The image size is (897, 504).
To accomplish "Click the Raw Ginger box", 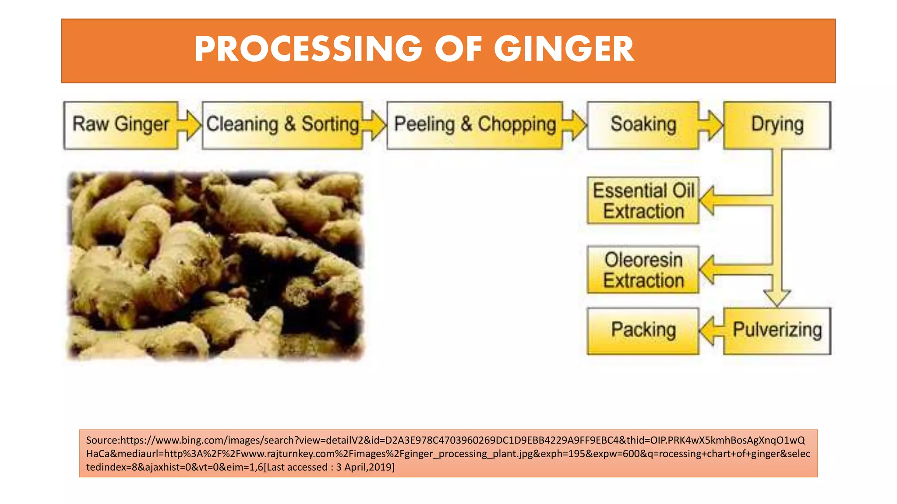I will click(x=120, y=125).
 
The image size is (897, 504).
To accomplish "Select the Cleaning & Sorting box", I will click(x=283, y=125).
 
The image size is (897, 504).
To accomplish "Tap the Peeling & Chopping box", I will click(x=475, y=125).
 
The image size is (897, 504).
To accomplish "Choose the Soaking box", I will click(x=643, y=125).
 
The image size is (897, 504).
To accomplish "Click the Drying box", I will click(x=777, y=125).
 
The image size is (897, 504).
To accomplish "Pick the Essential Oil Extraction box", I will click(x=643, y=201).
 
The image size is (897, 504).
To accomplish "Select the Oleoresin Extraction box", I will click(x=643, y=269).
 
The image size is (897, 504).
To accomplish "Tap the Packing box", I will click(x=643, y=331).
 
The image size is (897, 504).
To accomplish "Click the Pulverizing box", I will click(x=777, y=331).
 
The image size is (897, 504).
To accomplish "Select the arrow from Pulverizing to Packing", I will click(x=710, y=331).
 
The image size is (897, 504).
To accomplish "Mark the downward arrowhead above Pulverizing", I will click(x=777, y=297).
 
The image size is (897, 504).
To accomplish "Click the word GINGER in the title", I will click(x=564, y=49).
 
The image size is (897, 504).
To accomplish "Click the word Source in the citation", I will click(x=102, y=440).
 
